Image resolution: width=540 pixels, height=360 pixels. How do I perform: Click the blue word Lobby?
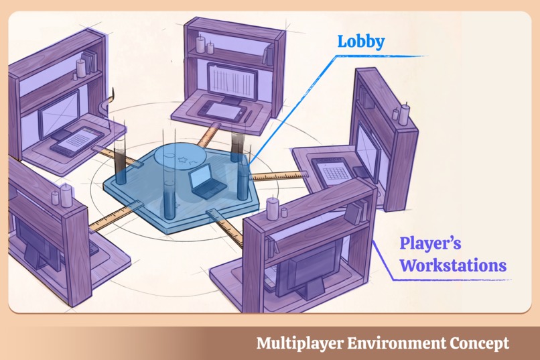[x=361, y=42]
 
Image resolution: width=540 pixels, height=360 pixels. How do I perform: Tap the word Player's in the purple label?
[x=430, y=243]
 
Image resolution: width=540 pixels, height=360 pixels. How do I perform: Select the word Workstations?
[x=453, y=265]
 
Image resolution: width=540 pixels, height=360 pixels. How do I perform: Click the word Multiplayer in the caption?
[x=299, y=343]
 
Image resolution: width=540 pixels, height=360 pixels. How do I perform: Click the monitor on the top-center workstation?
[x=232, y=82]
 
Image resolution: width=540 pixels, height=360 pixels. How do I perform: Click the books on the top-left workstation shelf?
[x=90, y=61]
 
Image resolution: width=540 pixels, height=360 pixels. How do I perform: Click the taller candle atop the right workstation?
[x=404, y=113]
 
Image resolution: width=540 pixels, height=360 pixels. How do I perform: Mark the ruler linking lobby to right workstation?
[x=278, y=176]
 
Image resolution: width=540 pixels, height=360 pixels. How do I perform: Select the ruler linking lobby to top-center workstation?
[x=209, y=135]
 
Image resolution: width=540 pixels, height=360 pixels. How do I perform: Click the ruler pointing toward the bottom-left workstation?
[x=115, y=217]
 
